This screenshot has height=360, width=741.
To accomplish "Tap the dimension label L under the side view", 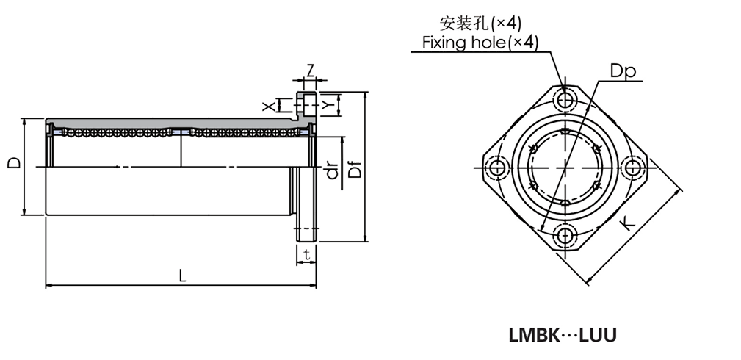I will [181, 276].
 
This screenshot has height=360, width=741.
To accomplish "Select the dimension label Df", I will [354, 168].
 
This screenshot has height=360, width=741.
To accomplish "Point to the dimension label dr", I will [331, 170].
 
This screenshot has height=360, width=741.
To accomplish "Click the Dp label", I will [622, 71].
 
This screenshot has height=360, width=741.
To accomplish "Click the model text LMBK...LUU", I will [563, 336].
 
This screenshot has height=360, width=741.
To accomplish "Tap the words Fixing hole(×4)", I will [480, 43].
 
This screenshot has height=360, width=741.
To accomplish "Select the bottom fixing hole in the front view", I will [565, 236].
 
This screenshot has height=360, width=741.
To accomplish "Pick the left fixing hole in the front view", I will [497, 168].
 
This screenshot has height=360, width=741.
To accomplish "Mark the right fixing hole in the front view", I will [632, 168].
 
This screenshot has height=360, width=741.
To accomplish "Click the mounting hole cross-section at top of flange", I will [306, 106].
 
